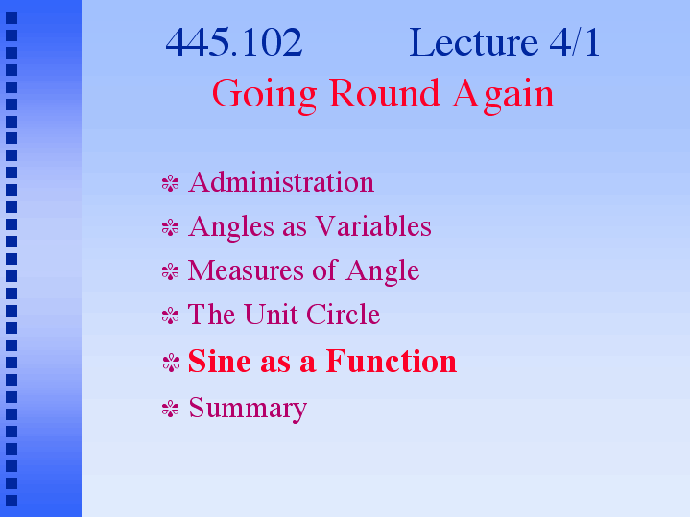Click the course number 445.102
click(233, 42)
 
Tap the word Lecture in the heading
click(473, 42)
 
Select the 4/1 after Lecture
click(575, 42)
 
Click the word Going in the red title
click(265, 94)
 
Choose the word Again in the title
click(503, 94)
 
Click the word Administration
click(281, 181)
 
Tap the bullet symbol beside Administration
click(170, 183)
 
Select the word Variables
click(373, 226)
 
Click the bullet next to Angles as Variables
click(170, 227)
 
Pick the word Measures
click(246, 270)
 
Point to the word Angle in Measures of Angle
click(382, 271)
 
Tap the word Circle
click(344, 315)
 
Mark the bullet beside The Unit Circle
click(170, 316)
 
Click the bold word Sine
click(220, 361)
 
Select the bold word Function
click(392, 361)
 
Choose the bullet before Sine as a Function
click(171, 363)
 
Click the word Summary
click(248, 409)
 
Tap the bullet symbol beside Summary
click(170, 409)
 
